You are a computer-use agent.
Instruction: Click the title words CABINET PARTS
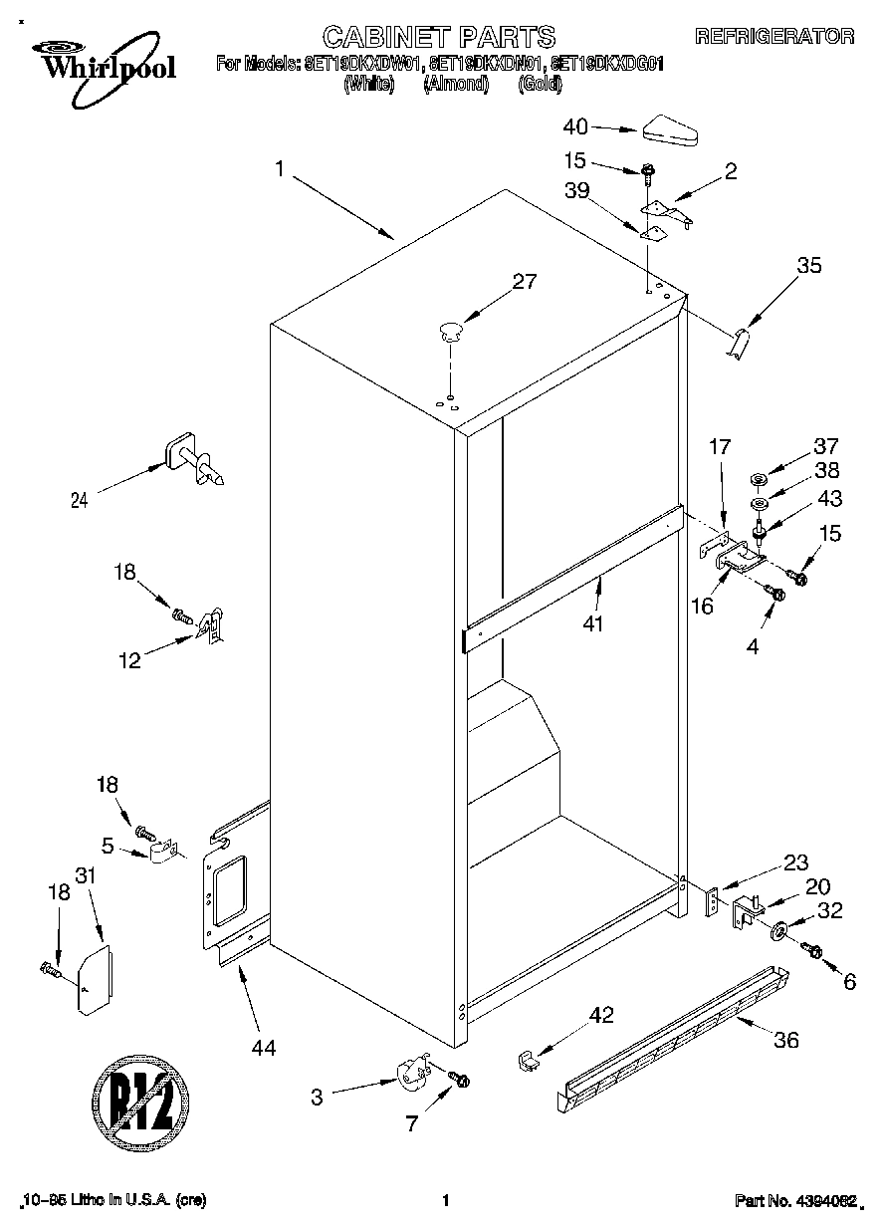[438, 37]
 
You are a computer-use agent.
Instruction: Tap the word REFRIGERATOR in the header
[773, 37]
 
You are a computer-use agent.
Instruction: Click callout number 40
[576, 126]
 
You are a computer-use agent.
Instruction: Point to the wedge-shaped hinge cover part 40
[672, 129]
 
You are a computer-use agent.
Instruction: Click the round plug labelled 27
[451, 331]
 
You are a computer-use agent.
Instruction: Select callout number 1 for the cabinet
[281, 170]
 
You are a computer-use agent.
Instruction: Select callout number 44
[264, 1047]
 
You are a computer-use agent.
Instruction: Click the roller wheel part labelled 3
[410, 1076]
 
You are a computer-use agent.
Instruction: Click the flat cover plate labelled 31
[96, 980]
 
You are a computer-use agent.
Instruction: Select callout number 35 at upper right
[809, 265]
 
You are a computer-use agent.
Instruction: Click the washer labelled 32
[776, 932]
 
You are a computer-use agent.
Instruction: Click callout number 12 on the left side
[130, 659]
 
